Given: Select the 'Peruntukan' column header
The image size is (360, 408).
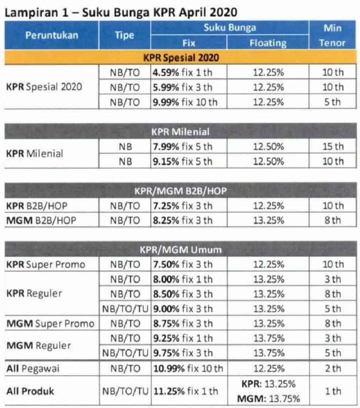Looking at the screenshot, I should [x=52, y=35].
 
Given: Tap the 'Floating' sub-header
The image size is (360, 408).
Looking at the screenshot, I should [x=268, y=43].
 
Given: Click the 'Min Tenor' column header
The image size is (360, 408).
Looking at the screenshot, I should [x=332, y=35].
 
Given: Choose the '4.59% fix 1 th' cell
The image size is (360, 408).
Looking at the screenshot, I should [x=184, y=73].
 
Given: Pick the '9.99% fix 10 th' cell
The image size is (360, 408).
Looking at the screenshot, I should [x=185, y=102].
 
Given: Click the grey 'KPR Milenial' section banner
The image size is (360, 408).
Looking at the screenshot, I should [x=180, y=131].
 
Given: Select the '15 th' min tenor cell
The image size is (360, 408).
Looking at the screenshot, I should [x=333, y=146].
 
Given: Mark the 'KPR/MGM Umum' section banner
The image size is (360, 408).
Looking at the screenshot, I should [x=180, y=249].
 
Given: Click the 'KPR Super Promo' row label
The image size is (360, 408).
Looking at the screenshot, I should [x=45, y=264].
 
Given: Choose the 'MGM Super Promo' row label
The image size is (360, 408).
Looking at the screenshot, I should [x=50, y=323].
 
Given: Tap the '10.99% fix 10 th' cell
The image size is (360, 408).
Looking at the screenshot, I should [x=188, y=369].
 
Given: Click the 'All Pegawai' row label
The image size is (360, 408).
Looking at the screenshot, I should [x=33, y=369].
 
